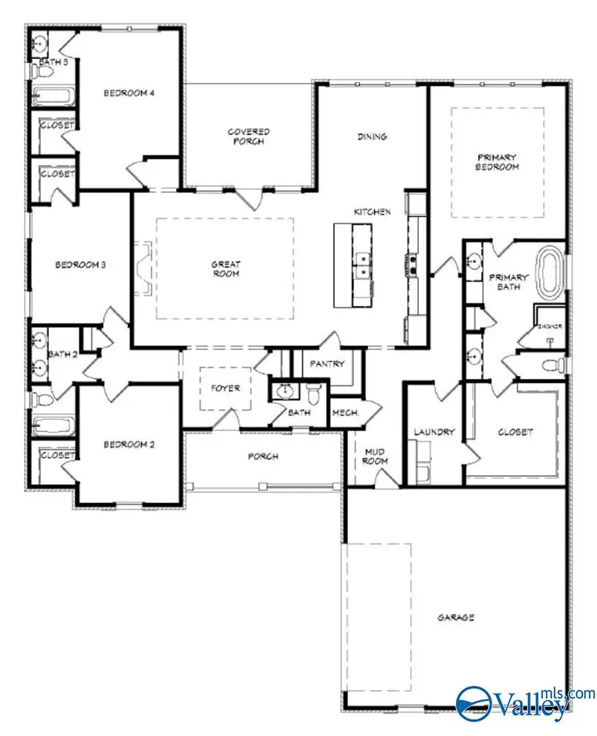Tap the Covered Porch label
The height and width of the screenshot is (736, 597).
click(248, 136)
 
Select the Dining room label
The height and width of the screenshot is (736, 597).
click(371, 137)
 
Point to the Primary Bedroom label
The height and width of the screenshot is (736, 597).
click(497, 161)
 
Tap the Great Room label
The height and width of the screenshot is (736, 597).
click(226, 269)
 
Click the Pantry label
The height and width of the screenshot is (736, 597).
click(326, 363)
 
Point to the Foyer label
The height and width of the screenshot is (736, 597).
click(226, 388)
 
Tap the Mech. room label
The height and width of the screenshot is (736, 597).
click(345, 413)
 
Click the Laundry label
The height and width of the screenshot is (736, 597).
click(434, 432)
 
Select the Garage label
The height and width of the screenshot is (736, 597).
click(455, 617)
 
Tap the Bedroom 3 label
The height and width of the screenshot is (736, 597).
click(81, 264)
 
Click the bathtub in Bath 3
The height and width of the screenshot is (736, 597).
click(52, 96)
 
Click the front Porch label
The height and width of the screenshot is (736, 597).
click(263, 456)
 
